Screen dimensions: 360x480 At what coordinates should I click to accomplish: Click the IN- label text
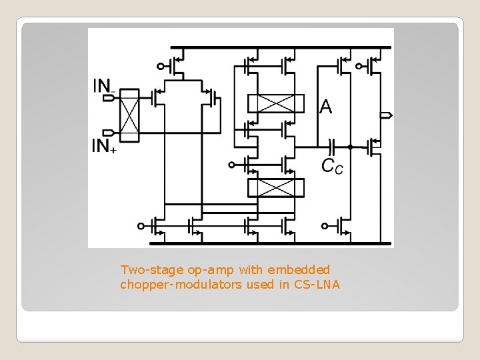point(103,86)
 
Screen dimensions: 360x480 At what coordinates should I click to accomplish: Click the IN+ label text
point(104,146)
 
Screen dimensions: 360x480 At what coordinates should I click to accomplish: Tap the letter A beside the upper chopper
point(325,106)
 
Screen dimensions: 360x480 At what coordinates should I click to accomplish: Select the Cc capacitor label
point(333,166)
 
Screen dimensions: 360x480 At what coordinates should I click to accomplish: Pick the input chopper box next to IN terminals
point(129,115)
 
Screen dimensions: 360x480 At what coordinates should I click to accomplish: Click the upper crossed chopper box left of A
point(275,103)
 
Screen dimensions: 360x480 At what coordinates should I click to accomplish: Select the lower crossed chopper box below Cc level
point(275,188)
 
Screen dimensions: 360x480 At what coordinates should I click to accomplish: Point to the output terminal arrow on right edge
point(386,115)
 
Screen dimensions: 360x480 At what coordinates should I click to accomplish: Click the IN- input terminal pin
point(109,98)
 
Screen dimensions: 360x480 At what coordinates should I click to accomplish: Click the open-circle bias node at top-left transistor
point(160,66)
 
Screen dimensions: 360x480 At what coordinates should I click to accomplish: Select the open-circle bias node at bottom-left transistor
point(141,226)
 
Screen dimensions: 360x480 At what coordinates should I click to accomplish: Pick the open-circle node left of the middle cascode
point(231,164)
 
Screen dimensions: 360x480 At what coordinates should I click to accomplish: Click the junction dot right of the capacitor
point(350,147)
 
